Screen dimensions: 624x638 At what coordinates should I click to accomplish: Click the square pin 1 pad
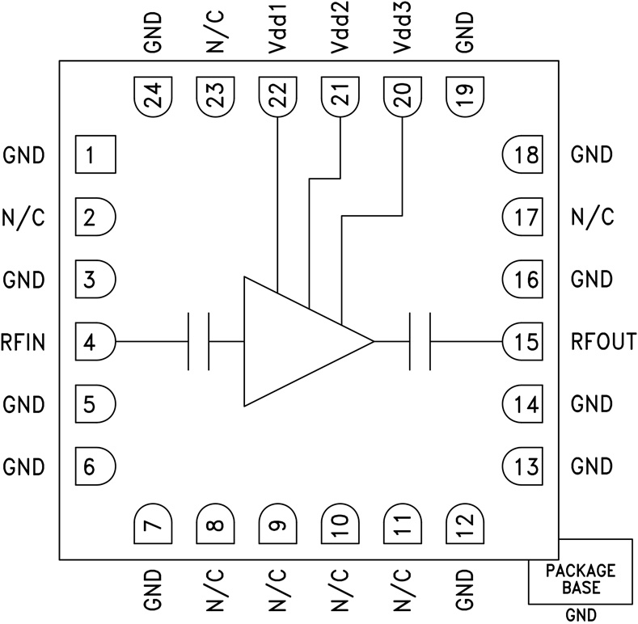click(x=95, y=154)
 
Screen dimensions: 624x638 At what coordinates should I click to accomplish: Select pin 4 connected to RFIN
click(x=95, y=342)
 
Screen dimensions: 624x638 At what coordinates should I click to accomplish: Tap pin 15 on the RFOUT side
click(x=524, y=342)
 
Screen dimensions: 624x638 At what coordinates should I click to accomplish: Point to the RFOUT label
click(x=603, y=342)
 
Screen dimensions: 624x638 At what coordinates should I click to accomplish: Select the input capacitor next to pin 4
click(x=198, y=342)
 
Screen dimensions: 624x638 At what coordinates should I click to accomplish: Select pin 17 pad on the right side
click(x=524, y=217)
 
